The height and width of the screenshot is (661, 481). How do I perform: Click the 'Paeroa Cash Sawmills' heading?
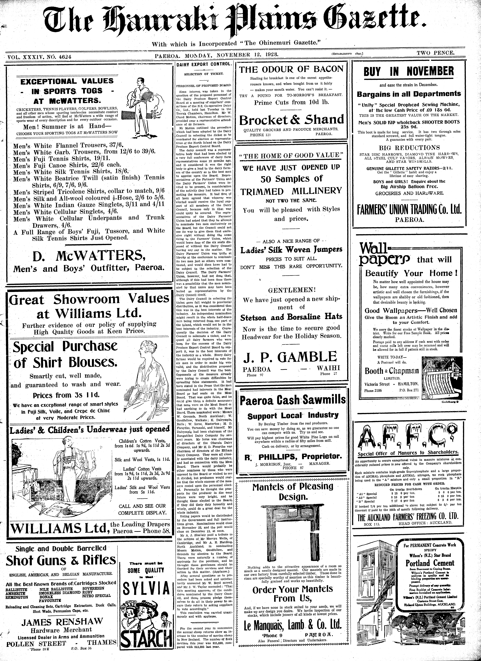(292, 400)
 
